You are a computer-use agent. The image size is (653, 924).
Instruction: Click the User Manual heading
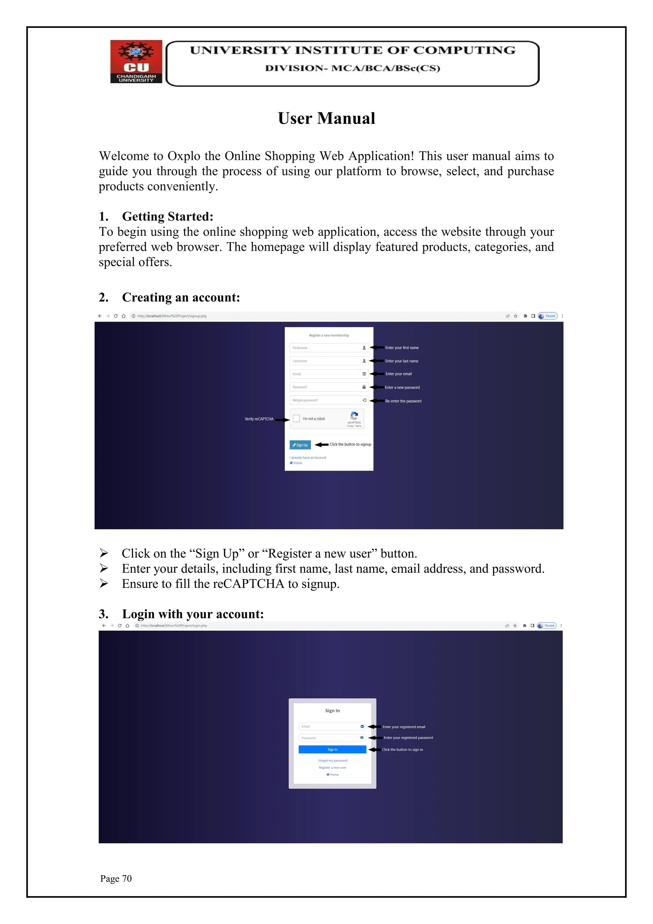[326, 118]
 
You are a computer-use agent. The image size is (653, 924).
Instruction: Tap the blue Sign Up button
[300, 445]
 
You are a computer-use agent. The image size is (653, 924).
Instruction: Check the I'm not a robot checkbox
[296, 419]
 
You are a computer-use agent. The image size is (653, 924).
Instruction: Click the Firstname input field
[325, 348]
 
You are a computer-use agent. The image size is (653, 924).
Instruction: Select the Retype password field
[325, 400]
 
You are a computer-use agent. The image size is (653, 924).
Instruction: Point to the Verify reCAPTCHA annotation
[259, 419]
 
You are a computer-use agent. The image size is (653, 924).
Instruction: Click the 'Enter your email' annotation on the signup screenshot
[399, 374]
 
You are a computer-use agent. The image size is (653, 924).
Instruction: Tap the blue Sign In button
[332, 749]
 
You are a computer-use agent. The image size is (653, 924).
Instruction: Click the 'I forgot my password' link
[332, 761]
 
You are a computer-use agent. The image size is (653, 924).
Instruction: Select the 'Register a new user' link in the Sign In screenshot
[332, 767]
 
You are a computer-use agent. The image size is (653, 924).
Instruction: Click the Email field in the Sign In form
[329, 727]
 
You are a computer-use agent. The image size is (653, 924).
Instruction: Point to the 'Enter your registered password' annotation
[408, 738]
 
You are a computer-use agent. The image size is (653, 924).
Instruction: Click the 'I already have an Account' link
[308, 458]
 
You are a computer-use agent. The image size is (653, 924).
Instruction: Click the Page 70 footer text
[116, 878]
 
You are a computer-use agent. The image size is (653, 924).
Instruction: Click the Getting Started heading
[167, 217]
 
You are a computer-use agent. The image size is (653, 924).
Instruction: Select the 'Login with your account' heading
[193, 614]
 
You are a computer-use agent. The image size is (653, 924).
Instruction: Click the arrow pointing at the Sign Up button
[321, 445]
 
